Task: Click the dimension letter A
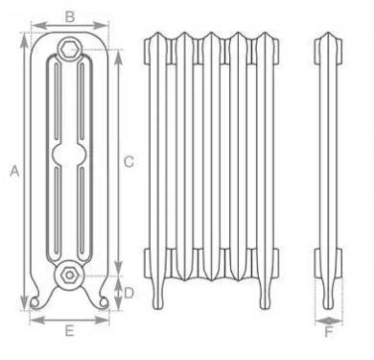(14, 171)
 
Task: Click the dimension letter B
(70, 16)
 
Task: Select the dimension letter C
(129, 162)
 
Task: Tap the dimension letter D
(129, 293)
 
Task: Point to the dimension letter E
(70, 330)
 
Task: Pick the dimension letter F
(329, 332)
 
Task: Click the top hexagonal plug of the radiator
(70, 49)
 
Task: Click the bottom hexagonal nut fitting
(69, 275)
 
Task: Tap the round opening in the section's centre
(69, 155)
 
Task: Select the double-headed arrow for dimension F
(329, 321)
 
